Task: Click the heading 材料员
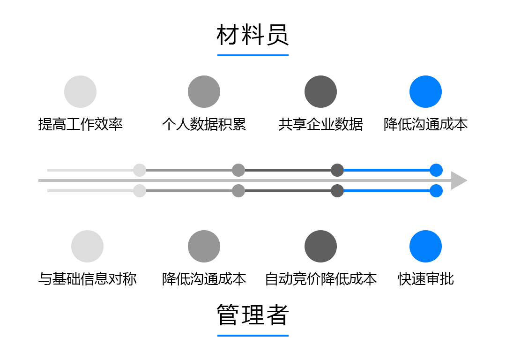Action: click(253, 35)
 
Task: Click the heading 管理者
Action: click(253, 315)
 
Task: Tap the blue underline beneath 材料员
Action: click(253, 55)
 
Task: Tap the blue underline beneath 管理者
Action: click(253, 336)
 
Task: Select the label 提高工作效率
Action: click(80, 124)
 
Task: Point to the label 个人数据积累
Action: click(204, 124)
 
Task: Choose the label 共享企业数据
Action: click(320, 124)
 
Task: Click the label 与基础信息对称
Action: click(87, 279)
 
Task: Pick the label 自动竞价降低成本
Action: click(320, 279)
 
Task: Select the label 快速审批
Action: click(425, 279)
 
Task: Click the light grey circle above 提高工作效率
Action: click(80, 91)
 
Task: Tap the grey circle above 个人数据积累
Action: click(204, 91)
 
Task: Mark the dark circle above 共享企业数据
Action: click(320, 91)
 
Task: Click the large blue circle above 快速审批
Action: click(425, 246)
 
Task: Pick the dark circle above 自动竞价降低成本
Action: click(320, 246)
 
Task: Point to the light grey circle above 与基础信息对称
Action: click(87, 246)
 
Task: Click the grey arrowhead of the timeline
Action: click(458, 180)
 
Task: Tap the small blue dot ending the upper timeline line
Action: click(436, 170)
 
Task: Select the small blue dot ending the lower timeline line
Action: click(436, 191)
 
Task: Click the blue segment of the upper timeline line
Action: click(387, 170)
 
